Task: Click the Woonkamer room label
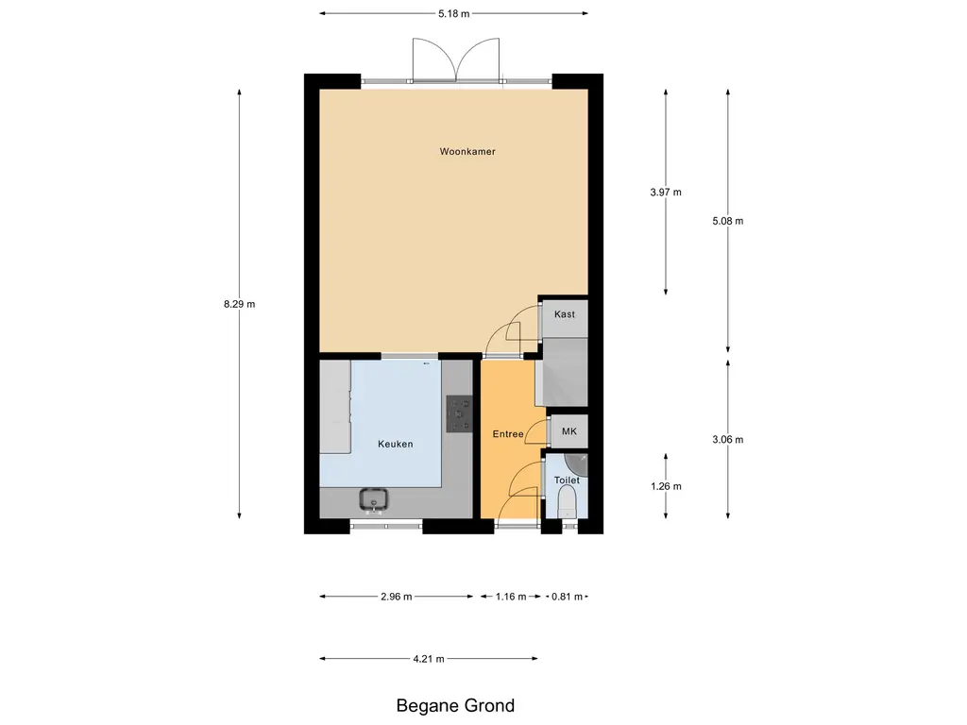tap(467, 151)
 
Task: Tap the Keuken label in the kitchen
tap(395, 444)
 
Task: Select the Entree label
tap(507, 434)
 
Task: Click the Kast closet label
tap(565, 314)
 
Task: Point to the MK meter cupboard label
tap(568, 431)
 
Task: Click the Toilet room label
tap(567, 481)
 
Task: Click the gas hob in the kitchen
tap(459, 413)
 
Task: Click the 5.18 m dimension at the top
tap(453, 13)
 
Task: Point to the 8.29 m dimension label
tap(239, 304)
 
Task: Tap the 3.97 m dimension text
tap(666, 192)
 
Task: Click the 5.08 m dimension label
tap(728, 221)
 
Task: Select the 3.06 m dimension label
tap(728, 439)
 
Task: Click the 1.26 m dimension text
tap(666, 486)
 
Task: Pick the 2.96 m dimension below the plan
tap(396, 597)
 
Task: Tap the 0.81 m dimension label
tap(567, 597)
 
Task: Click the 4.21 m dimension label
tap(429, 659)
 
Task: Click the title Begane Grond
tap(455, 705)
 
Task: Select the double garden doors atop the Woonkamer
tap(456, 61)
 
